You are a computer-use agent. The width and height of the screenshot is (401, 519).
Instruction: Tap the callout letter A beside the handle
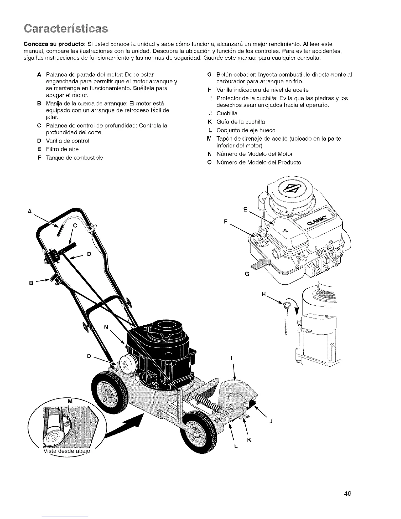(x=29, y=212)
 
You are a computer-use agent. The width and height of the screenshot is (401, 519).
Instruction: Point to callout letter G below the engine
(x=247, y=274)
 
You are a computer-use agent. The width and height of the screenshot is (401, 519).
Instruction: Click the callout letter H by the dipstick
(x=264, y=294)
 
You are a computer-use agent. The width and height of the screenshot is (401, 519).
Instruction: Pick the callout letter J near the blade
(x=271, y=421)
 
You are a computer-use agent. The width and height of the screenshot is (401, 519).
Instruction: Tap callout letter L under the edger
(x=236, y=447)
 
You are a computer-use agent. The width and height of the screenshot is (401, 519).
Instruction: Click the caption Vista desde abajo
(x=66, y=451)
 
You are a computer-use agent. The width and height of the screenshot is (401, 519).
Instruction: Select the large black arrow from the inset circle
(x=126, y=427)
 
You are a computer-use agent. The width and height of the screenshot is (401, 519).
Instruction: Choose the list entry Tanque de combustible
(x=74, y=158)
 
